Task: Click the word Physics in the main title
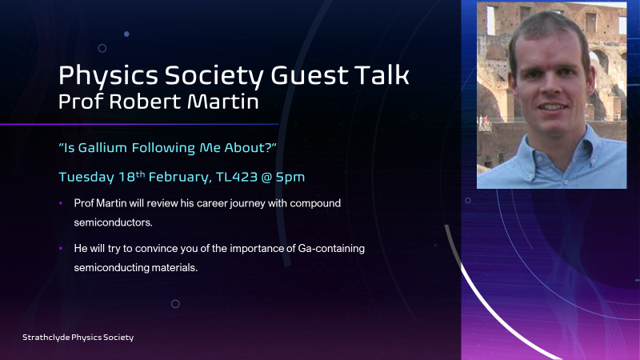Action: point(108,76)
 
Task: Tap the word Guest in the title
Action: point(310,75)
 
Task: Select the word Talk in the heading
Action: point(382,74)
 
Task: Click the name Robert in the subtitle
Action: point(145,102)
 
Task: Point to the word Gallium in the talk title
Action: point(102,147)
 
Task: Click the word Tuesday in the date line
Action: point(86,178)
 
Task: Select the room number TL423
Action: point(236,177)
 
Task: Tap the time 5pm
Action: point(290,178)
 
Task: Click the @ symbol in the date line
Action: point(266,177)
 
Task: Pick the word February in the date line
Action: point(179,178)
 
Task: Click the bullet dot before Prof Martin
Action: point(61,203)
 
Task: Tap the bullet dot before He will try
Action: point(61,248)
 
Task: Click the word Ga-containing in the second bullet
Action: point(331,249)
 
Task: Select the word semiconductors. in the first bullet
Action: point(113,222)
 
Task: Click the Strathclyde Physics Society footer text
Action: point(78,338)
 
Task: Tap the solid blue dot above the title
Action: point(126,34)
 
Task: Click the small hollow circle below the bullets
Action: point(175,304)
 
